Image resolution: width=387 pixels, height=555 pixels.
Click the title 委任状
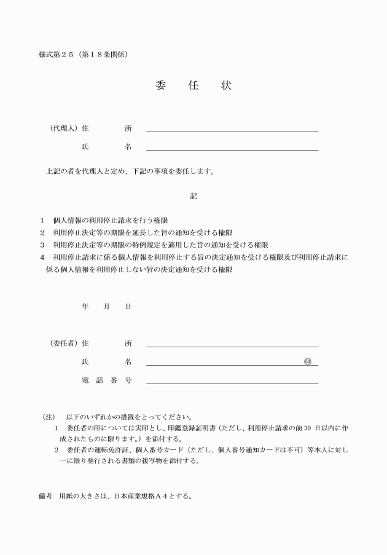pyautogui.click(x=193, y=85)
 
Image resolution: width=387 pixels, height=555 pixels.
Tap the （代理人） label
pyautogui.click(x=62, y=128)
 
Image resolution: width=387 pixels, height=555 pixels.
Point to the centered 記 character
pyautogui.click(x=193, y=196)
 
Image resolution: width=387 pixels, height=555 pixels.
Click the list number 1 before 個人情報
pyautogui.click(x=42, y=220)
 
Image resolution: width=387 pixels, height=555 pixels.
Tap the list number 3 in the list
pyautogui.click(x=42, y=245)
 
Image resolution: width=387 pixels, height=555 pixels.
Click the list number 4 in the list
pyautogui.click(x=42, y=257)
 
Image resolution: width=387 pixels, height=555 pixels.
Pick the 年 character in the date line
pyautogui.click(x=85, y=306)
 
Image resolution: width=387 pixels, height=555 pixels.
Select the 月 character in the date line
pyautogui.click(x=106, y=306)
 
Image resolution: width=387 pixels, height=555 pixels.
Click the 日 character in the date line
pyautogui.click(x=128, y=306)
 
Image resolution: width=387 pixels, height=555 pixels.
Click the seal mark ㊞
pyautogui.click(x=308, y=361)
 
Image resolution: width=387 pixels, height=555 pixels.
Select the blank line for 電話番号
pyautogui.click(x=232, y=383)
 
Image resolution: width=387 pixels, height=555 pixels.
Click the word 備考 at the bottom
pyautogui.click(x=45, y=496)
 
